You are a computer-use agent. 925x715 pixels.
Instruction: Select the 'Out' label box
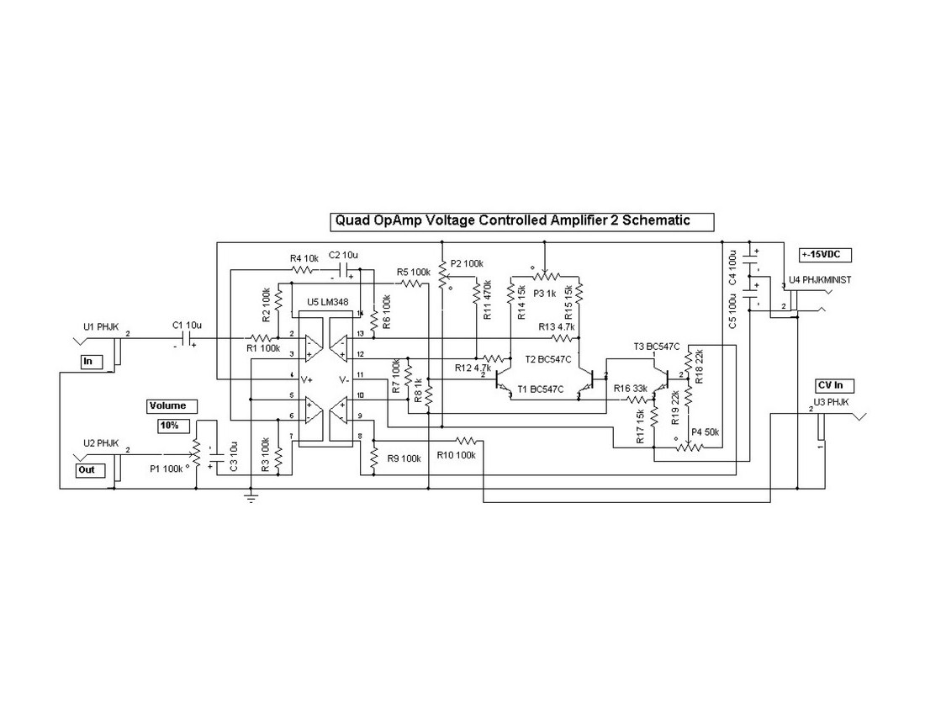pos(88,469)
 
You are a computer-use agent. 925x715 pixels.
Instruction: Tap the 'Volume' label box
pos(167,405)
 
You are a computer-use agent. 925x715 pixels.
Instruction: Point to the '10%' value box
pos(169,426)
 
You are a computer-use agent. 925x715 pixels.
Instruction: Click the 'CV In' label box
pos(835,385)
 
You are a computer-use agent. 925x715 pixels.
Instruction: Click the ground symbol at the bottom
pos(251,499)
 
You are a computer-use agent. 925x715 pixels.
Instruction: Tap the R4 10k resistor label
pos(304,257)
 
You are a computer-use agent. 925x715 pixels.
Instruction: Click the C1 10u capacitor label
pos(188,325)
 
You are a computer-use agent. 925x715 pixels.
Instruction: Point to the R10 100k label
pos(457,455)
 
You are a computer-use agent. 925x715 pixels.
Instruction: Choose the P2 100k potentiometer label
pos(468,263)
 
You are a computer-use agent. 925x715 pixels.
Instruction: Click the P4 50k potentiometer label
pos(705,432)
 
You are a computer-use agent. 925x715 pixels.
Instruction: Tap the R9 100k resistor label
pos(404,458)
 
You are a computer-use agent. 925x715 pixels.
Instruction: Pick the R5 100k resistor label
pos(413,272)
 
